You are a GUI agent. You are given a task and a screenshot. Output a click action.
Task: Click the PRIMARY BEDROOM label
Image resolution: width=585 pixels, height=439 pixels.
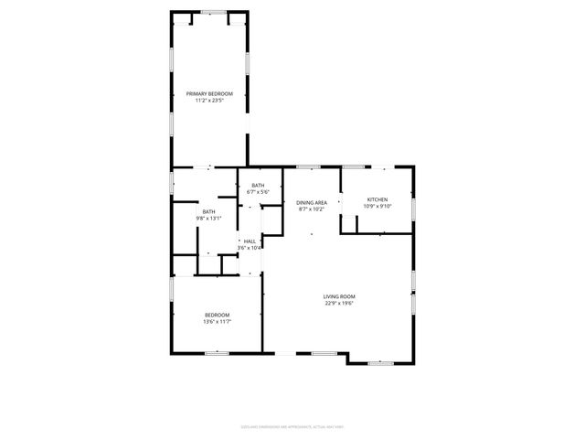tap(209, 94)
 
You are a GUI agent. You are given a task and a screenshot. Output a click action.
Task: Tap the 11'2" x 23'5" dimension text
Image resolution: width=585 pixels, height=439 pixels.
tap(209, 101)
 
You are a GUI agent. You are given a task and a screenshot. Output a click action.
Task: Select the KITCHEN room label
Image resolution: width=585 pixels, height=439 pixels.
tap(378, 199)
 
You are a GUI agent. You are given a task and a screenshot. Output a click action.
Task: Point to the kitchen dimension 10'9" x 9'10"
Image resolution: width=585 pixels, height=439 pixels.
tap(378, 206)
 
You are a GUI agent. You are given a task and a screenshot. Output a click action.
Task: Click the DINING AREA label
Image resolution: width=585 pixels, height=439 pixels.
tap(312, 202)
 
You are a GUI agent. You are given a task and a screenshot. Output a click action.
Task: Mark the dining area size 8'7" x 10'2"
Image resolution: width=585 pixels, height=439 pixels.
tap(312, 209)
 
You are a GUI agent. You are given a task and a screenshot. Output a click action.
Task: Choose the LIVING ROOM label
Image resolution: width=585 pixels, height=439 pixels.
tap(338, 296)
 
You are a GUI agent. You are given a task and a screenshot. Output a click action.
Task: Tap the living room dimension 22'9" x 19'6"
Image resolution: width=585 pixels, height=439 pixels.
tap(338, 303)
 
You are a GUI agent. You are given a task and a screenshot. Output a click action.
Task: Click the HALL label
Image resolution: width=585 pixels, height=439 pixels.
tap(250, 241)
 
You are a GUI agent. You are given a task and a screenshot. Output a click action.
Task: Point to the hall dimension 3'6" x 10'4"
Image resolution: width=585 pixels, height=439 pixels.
tap(250, 248)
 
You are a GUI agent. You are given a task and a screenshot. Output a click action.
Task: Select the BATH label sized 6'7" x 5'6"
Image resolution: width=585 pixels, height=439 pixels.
tap(259, 186)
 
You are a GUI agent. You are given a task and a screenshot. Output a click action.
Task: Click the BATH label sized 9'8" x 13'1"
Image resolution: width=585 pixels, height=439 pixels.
tap(209, 212)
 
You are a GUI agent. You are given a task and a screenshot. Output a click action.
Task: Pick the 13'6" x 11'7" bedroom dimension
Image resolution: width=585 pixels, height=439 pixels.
tap(217, 321)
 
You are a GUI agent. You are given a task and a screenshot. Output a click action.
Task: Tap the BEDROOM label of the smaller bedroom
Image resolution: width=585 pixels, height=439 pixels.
tap(217, 315)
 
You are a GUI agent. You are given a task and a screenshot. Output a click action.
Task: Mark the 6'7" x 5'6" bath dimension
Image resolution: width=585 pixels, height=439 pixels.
tap(259, 192)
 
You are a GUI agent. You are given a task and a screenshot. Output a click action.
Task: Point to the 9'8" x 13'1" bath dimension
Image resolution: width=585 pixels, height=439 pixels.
tap(209, 219)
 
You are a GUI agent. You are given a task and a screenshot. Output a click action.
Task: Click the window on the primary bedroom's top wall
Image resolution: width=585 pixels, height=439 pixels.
tap(214, 12)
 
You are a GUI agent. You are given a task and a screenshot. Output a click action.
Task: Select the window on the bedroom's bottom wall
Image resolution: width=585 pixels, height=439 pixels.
tap(217, 353)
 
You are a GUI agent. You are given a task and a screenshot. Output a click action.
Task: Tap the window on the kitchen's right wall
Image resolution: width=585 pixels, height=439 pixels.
tap(413, 209)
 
